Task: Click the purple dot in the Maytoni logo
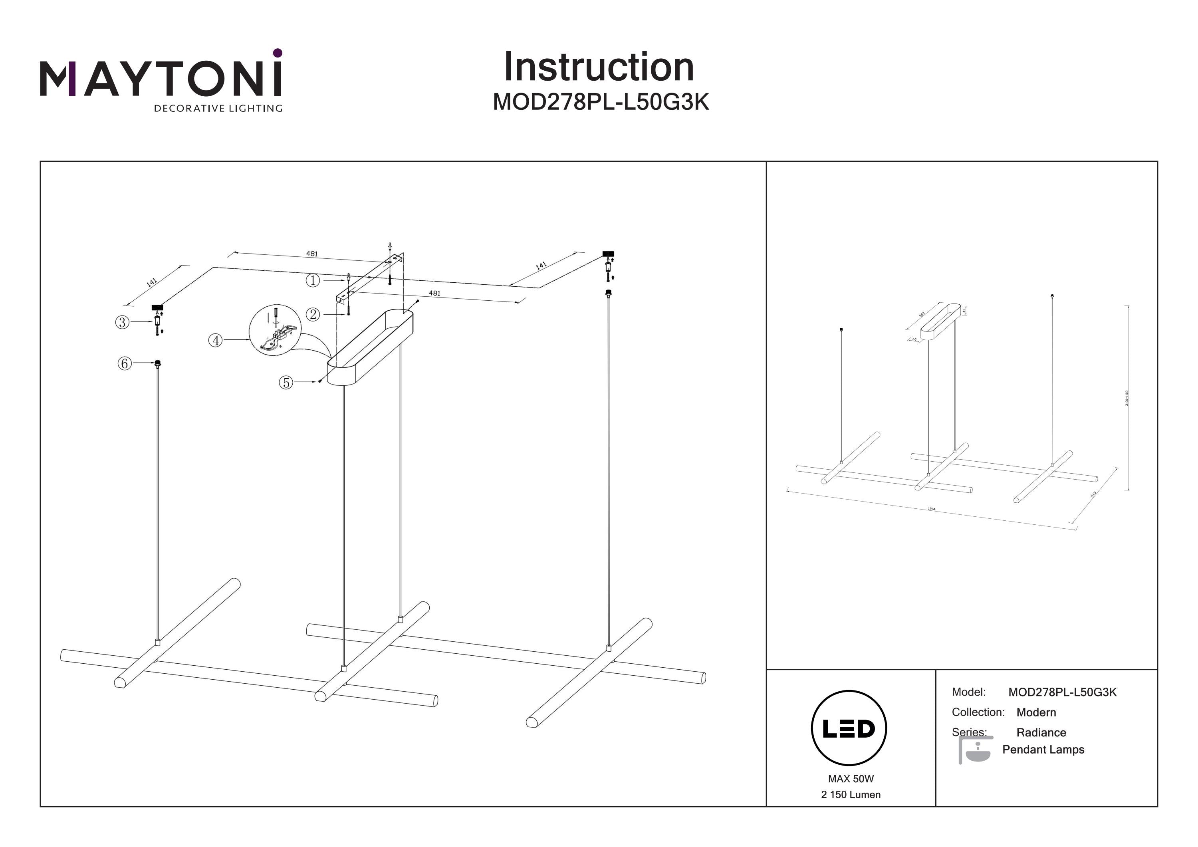278,53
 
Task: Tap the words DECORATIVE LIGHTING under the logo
218,109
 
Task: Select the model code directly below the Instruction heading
601,102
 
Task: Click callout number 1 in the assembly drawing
313,280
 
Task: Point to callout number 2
313,315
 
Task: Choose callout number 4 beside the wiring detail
216,341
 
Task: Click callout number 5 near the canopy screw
286,383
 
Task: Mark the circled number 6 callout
124,363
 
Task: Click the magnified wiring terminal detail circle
275,330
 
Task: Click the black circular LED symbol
849,728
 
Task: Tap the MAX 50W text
851,779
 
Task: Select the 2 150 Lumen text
851,795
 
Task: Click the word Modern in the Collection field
1036,712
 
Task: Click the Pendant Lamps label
1043,750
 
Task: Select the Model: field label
968,692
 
